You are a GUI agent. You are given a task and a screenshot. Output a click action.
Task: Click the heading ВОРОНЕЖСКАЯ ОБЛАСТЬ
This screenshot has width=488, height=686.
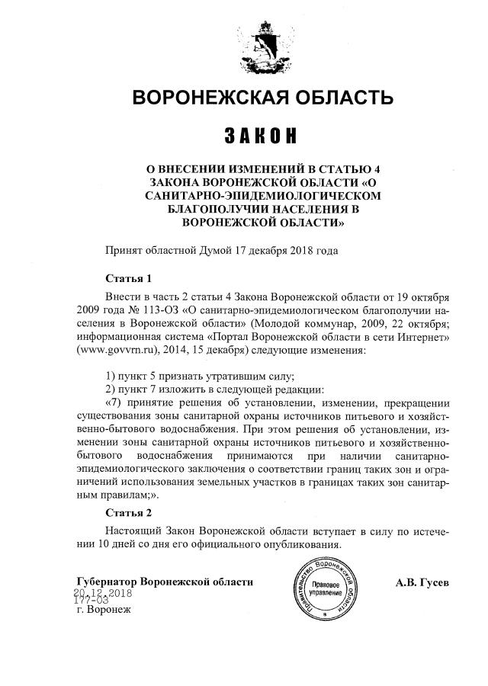coord(263,98)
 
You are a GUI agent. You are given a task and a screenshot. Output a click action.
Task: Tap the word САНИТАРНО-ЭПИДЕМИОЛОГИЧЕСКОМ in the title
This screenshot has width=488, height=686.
coord(262,196)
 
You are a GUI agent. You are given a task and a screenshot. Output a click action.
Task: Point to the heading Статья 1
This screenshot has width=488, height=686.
coord(128,278)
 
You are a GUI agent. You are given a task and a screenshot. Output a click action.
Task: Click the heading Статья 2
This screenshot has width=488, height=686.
coord(128,511)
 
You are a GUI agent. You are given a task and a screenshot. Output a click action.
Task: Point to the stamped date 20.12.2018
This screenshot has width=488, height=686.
coord(103,592)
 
